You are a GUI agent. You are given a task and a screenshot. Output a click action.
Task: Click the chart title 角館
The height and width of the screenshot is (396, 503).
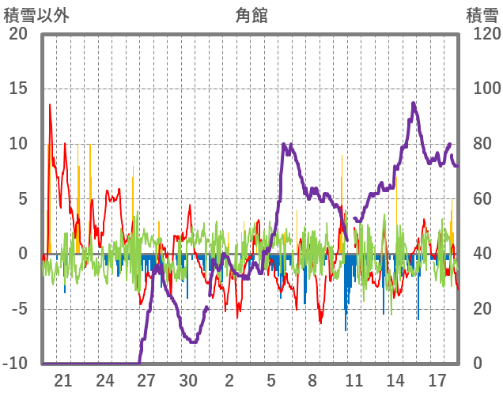coord(251,14)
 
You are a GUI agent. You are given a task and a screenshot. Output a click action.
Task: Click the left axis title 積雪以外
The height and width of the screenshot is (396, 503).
coord(36,14)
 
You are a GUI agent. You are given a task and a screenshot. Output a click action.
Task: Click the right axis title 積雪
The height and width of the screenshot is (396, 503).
coord(482,14)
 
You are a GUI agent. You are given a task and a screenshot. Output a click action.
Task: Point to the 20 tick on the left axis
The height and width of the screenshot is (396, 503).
coord(17,34)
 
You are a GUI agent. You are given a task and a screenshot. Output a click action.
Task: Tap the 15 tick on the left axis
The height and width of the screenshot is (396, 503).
coord(17,89)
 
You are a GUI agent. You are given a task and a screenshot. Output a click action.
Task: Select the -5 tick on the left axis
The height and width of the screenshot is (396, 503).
coord(17,308)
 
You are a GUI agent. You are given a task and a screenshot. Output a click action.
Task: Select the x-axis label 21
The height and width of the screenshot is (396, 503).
coord(63,380)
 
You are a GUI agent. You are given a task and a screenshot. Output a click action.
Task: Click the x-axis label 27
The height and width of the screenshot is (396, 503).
coord(146,380)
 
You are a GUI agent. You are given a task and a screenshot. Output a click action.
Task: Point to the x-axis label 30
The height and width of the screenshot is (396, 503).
coord(188,380)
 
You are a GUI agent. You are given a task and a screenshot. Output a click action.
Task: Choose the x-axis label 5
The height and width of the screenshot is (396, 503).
coord(271,380)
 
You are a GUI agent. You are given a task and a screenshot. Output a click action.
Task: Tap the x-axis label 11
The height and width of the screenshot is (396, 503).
coord(354,380)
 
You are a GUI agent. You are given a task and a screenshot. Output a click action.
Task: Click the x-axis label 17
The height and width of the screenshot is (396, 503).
coord(437,380)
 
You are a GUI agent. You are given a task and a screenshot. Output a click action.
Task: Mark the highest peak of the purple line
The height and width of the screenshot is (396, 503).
coord(414,103)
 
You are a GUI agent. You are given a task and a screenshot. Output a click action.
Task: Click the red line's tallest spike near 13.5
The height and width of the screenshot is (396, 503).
coord(50,104)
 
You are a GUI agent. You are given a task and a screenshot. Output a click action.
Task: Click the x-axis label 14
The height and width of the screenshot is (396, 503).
coord(395,380)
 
